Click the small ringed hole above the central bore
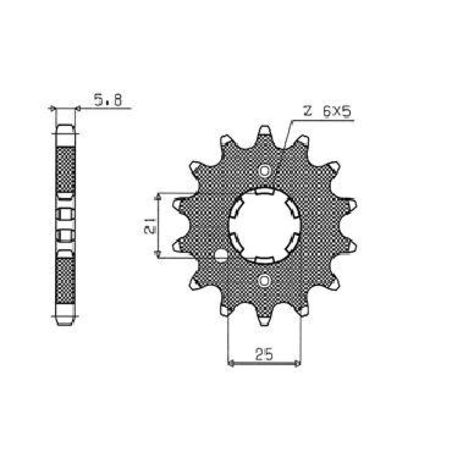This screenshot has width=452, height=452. coord(265,171)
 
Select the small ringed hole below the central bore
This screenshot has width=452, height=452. coord(265,281)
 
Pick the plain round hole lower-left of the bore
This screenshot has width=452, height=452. coord(221,256)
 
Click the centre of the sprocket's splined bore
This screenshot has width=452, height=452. coord(265,226)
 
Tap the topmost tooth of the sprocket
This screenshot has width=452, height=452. coord(265,132)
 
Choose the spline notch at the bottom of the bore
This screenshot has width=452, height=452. coord(265,259)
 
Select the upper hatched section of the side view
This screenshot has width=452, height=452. coord(66,169)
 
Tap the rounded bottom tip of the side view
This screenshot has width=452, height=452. coord(66,322)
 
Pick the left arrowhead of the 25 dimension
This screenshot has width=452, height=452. coord(232,364)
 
